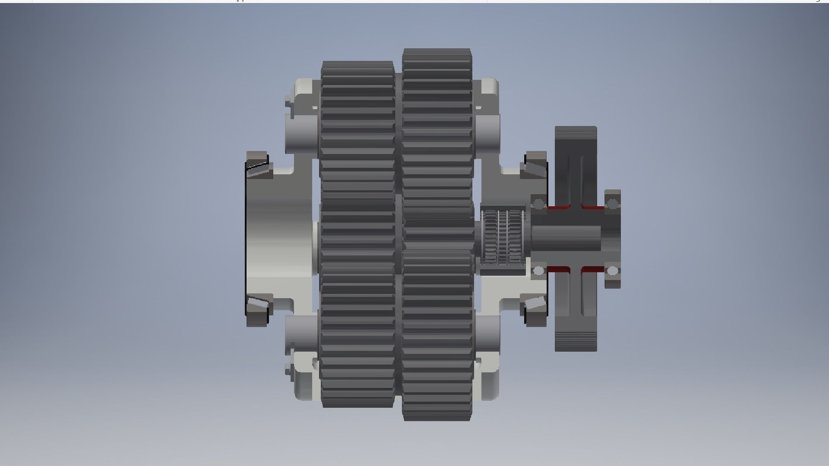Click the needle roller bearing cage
click(x=503, y=237)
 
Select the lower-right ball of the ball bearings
click(x=612, y=271)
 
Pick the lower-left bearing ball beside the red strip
click(x=538, y=271)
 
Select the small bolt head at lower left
click(x=288, y=370)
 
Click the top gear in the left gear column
click(x=358, y=129)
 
